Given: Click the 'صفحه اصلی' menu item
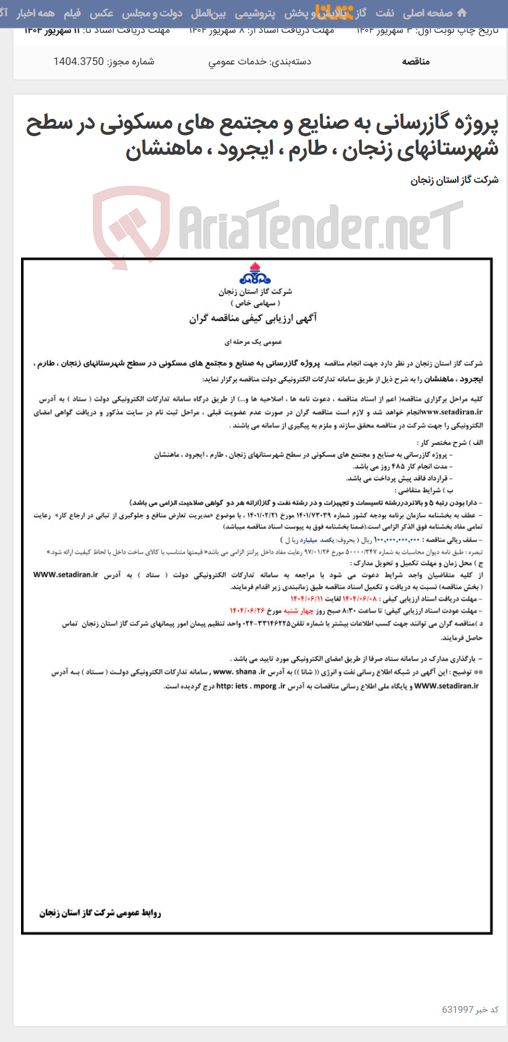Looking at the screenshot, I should [428, 13].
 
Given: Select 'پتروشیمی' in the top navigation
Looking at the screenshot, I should [255, 13].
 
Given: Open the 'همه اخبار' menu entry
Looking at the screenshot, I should [36, 13].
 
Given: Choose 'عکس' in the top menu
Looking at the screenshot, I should [101, 13].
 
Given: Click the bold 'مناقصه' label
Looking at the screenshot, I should [416, 61].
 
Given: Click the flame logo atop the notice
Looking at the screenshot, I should [255, 274].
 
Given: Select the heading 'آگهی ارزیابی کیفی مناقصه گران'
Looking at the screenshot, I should [253, 318].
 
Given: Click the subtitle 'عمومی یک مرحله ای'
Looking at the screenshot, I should [253, 341].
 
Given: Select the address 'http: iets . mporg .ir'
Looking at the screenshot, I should [251, 686].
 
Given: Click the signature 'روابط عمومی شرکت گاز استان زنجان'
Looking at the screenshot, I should [100, 913].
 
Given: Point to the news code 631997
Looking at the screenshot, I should [457, 1009].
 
